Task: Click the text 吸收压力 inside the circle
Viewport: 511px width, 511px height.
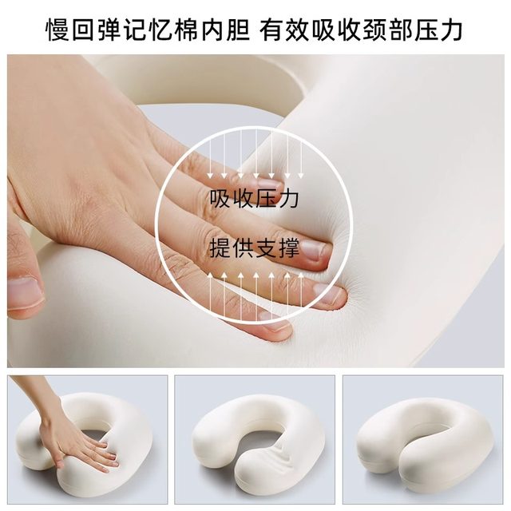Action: click(x=255, y=198)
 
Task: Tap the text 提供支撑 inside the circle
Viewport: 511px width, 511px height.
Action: click(x=255, y=248)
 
